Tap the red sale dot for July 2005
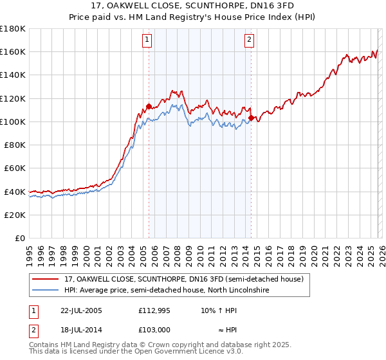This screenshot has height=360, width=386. pos(149,106)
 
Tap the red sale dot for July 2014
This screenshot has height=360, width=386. pos(251,118)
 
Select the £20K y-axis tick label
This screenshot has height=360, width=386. pos(15,215)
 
